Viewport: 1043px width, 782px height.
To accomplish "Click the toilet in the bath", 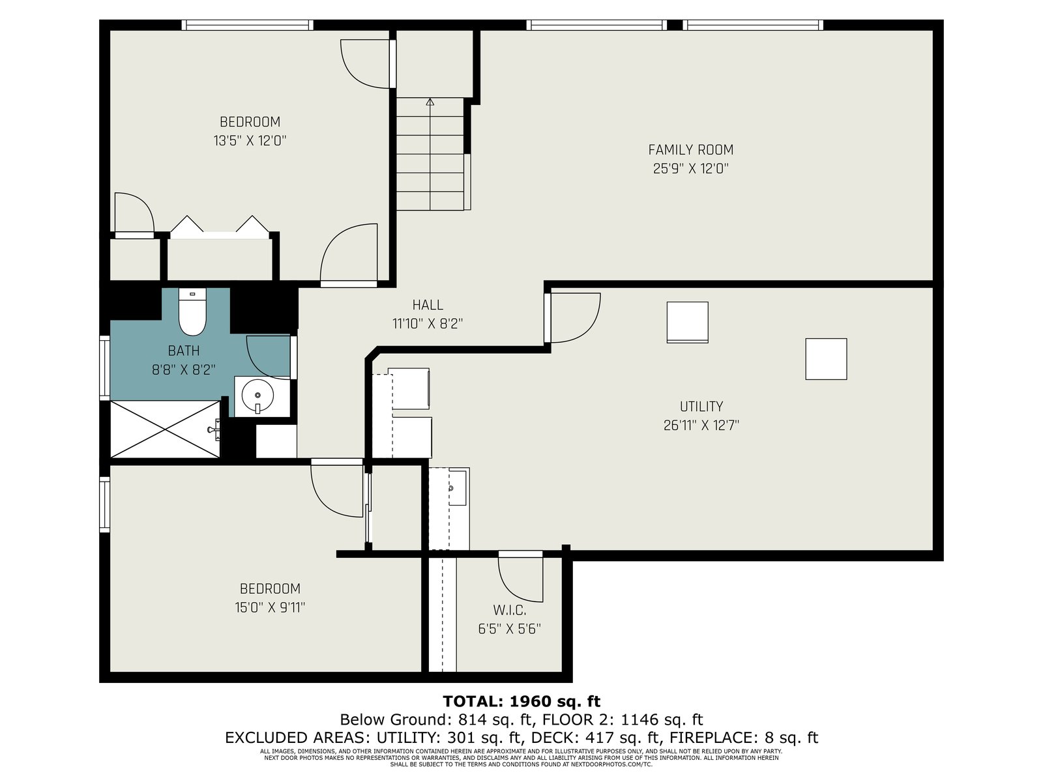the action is coord(192,311).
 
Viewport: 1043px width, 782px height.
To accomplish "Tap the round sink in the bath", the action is coord(257,395).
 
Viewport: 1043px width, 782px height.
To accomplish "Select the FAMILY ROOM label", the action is coord(690,150).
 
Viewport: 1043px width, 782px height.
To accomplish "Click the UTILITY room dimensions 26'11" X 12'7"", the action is coord(701,426).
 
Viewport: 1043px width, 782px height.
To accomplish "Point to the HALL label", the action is coord(428,305).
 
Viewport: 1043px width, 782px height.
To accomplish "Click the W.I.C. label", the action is coord(509,610).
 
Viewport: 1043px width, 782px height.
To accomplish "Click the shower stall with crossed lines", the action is coord(165,429).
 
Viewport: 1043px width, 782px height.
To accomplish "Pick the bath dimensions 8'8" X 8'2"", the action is coord(184,370).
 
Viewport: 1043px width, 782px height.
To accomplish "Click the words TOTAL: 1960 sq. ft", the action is coord(521,701).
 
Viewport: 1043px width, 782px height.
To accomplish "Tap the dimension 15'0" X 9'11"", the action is coord(270,608).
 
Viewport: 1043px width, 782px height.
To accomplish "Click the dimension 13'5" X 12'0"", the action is coord(250,141).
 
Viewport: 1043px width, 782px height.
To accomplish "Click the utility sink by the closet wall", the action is coord(457,487).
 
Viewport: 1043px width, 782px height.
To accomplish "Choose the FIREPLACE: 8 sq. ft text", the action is coord(744,738).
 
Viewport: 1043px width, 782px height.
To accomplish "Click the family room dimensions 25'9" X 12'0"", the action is coord(690,169).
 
